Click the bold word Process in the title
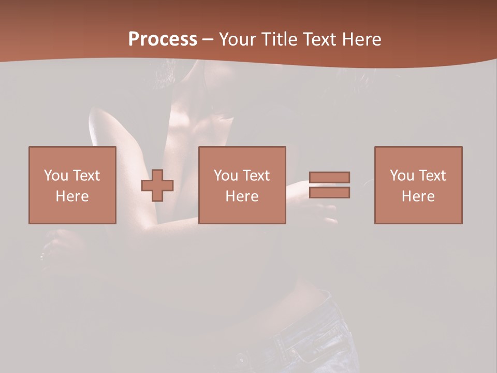pyautogui.click(x=163, y=39)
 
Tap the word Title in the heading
pyautogui.click(x=279, y=39)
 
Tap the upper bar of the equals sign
pyautogui.click(x=329, y=177)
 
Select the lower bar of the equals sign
pyautogui.click(x=329, y=193)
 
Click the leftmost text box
pyautogui.click(x=72, y=185)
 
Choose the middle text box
pyautogui.click(x=242, y=185)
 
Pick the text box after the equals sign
pyautogui.click(x=418, y=185)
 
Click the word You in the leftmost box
pyautogui.click(x=56, y=176)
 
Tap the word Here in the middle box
pyautogui.click(x=242, y=196)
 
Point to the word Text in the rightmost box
pyautogui.click(x=432, y=176)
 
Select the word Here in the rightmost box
pyautogui.click(x=418, y=196)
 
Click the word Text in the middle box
pyautogui.click(x=256, y=176)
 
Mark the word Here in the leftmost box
pyautogui.click(x=72, y=196)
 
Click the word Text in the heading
pyautogui.click(x=319, y=39)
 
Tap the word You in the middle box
pyautogui.click(x=226, y=176)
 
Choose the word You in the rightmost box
pyautogui.click(x=402, y=176)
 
